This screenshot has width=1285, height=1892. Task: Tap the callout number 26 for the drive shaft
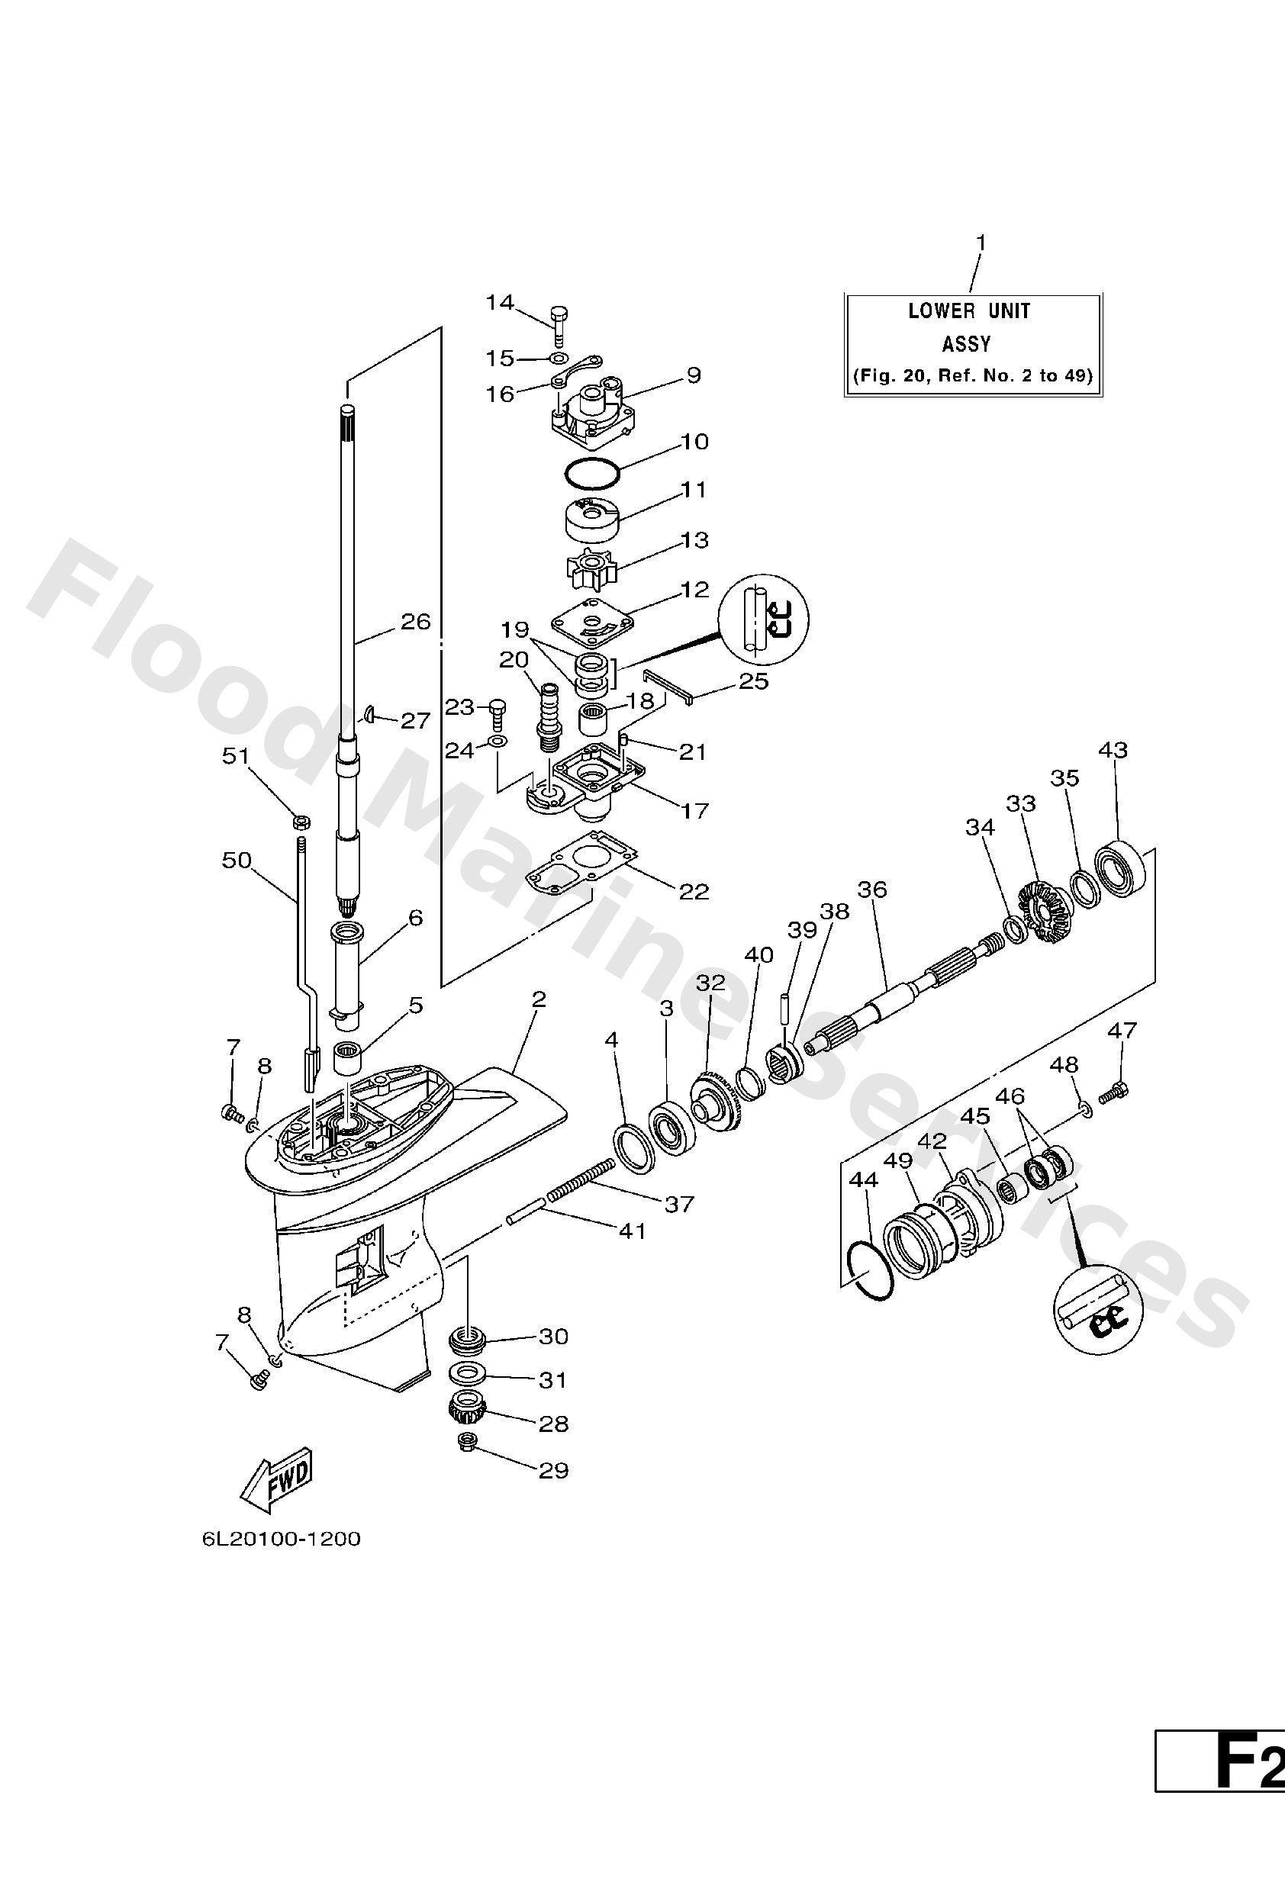click(415, 622)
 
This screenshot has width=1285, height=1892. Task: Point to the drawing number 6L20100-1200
click(281, 1540)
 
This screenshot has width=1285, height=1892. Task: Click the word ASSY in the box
click(967, 344)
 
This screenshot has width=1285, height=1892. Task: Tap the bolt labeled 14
click(559, 326)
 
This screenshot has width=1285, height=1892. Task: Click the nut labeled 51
click(299, 818)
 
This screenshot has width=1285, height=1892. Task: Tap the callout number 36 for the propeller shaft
click(872, 889)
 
